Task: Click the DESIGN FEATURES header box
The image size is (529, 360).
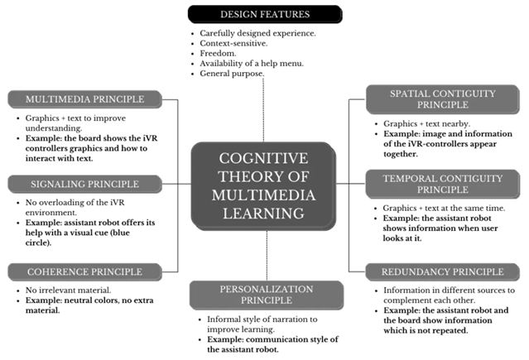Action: coord(264,14)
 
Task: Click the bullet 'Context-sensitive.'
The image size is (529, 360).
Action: coord(233,42)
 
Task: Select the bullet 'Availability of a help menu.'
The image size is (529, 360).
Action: coord(250,63)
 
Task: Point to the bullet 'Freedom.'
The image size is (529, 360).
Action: coord(218,52)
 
